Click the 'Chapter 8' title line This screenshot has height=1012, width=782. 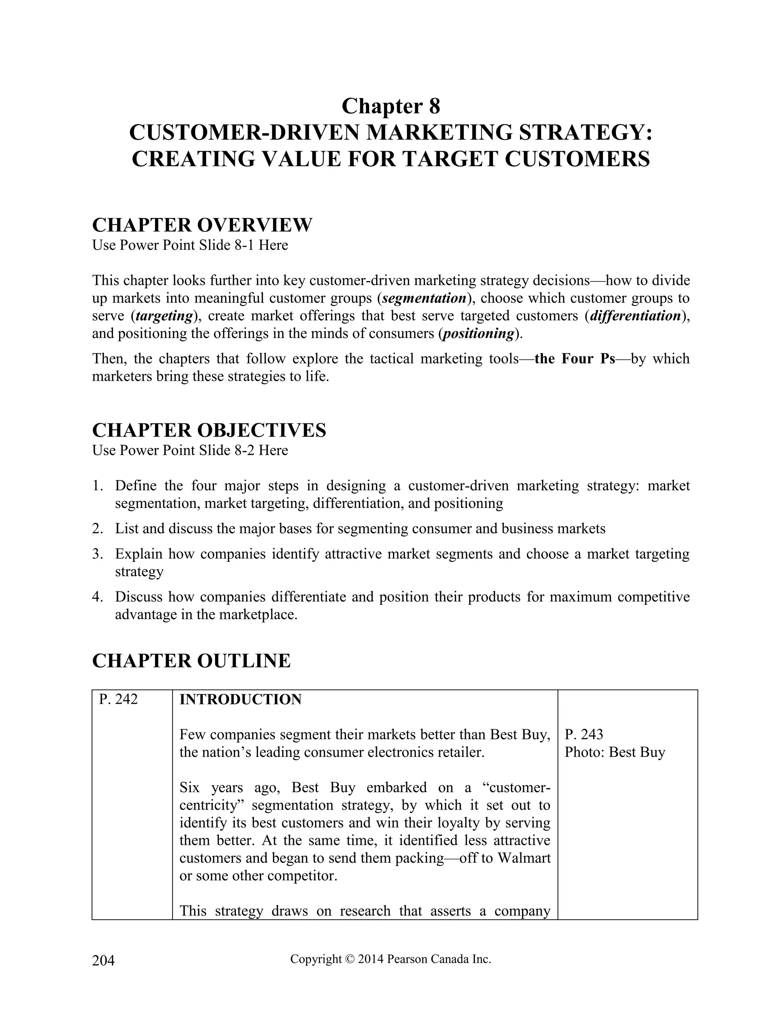(x=391, y=106)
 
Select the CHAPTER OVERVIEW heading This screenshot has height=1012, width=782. (x=202, y=225)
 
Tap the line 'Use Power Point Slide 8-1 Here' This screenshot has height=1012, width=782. (x=190, y=245)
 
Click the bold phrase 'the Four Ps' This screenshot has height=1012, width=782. (x=574, y=359)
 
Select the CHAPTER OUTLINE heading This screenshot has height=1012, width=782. (x=191, y=661)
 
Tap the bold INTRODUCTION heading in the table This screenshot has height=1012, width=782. (x=241, y=700)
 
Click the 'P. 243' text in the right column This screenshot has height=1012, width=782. (x=584, y=734)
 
